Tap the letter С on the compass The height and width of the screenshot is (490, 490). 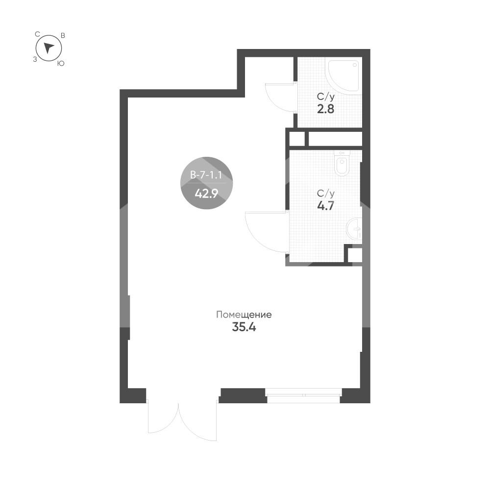pos(37,34)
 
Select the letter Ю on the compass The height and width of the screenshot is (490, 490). pos(61,63)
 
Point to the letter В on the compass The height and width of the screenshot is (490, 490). pos(63,35)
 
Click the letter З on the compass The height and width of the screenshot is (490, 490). pos(35,59)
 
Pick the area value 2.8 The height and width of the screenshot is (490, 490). pos(326,109)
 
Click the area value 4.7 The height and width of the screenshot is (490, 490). pos(326,206)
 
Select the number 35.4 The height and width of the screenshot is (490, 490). pos(244,327)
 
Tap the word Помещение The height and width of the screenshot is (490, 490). pos(244,315)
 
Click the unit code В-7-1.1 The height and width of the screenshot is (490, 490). pos(206,175)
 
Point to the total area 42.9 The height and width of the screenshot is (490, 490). pos(206,194)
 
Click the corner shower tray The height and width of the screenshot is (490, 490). pos(343,74)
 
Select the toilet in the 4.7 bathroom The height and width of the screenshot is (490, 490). pos(342,163)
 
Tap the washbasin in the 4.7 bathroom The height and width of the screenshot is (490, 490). pos(354,229)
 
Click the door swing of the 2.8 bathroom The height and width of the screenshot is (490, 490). pos(280,97)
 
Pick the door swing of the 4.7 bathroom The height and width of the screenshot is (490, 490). pos(266,232)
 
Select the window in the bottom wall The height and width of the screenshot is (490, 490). pos(303,395)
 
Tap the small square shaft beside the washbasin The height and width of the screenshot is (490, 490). pos(355,255)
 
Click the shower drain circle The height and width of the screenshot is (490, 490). pos(355,65)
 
